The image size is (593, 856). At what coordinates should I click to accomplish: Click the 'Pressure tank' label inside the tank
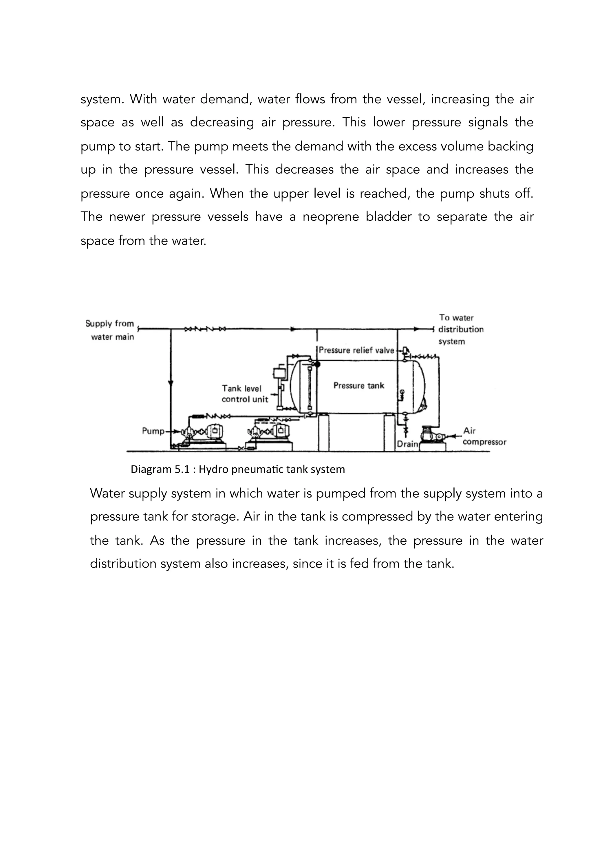(358, 386)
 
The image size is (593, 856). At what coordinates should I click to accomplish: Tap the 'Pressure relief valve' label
(356, 350)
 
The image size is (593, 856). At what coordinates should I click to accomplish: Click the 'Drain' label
(407, 444)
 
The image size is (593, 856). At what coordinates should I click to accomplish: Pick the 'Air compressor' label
(484, 436)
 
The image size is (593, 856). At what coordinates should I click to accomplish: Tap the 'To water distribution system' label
(460, 329)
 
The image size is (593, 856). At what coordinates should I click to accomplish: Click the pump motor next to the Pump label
(214, 431)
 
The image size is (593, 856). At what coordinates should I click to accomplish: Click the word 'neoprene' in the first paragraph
(330, 217)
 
